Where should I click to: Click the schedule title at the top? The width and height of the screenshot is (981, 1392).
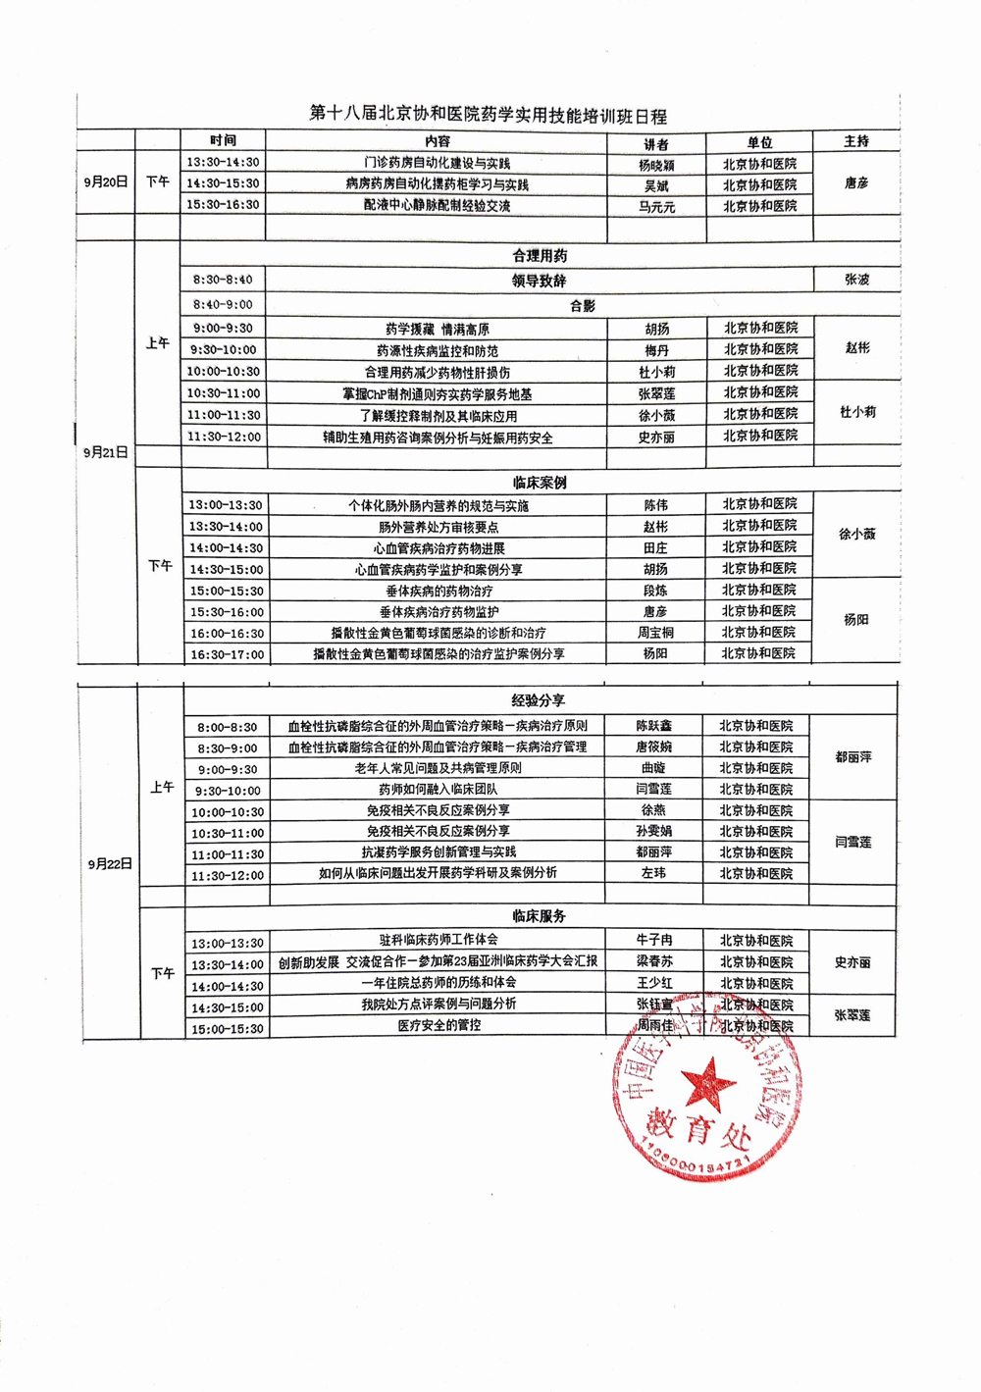click(488, 115)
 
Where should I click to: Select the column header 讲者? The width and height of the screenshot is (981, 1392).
click(655, 143)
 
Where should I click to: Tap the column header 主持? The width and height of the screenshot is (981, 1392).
click(856, 141)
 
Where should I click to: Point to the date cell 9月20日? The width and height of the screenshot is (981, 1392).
click(105, 181)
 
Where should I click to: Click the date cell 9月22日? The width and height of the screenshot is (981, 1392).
click(110, 864)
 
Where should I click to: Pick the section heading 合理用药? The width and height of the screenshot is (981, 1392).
click(540, 256)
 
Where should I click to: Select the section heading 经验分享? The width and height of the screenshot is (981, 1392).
click(539, 700)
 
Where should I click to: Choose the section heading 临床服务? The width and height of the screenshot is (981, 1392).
click(539, 916)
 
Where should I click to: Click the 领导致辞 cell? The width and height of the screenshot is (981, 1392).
click(539, 281)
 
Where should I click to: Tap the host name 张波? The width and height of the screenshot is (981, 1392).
click(856, 280)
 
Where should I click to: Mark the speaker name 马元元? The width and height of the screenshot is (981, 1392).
click(656, 207)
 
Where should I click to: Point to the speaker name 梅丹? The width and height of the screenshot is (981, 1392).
click(656, 350)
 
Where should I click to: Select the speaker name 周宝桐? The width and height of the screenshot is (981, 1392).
click(655, 633)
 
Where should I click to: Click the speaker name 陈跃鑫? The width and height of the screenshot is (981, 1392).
click(653, 726)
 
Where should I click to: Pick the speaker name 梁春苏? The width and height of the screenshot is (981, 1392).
click(654, 962)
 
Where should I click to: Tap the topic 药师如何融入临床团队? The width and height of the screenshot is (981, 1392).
click(438, 789)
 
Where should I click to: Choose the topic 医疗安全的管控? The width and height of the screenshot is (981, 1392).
click(439, 1025)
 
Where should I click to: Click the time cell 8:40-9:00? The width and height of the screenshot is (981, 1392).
click(223, 305)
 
